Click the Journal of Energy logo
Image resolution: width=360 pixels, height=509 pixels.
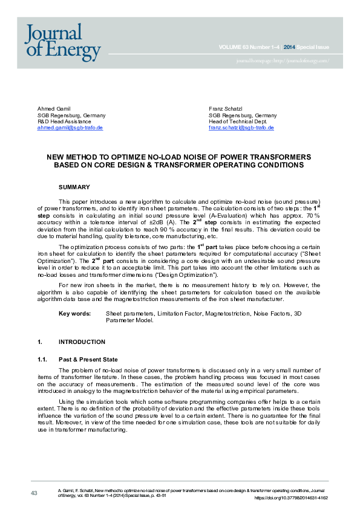(x=62, y=42)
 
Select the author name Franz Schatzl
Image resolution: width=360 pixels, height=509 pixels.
(x=226, y=108)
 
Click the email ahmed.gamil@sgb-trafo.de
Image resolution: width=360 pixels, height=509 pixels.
(x=70, y=128)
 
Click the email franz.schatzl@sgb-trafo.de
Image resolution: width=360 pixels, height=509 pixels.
(x=241, y=128)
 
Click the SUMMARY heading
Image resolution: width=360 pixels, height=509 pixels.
(x=74, y=187)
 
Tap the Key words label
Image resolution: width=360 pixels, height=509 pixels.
(x=74, y=314)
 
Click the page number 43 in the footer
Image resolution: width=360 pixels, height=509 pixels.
(x=34, y=493)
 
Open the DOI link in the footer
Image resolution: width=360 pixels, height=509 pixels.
(x=290, y=498)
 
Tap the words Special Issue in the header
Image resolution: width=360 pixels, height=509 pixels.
(x=313, y=47)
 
